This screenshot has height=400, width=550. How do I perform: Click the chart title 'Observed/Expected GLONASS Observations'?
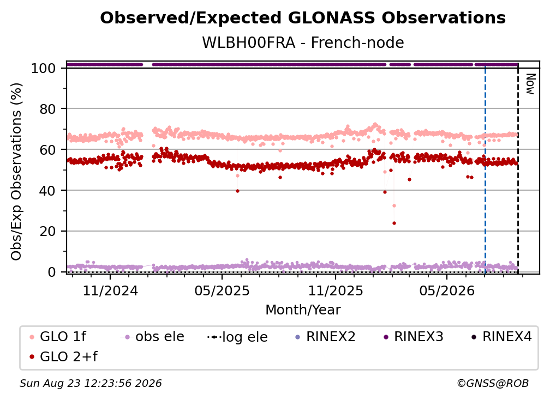(x=303, y=18)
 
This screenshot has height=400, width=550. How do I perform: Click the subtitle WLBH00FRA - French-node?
(x=303, y=43)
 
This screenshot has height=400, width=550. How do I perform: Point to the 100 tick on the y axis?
(x=44, y=68)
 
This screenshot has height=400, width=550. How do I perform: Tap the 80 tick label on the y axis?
(x=47, y=109)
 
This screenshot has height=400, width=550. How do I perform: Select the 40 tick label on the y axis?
(x=47, y=191)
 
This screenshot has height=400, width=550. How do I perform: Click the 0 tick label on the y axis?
(x=52, y=272)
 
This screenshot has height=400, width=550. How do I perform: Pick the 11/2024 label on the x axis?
(x=110, y=290)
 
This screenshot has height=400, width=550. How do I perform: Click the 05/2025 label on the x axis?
(x=222, y=290)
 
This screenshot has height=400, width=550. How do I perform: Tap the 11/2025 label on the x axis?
(x=336, y=290)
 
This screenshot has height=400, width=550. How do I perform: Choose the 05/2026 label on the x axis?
(x=447, y=290)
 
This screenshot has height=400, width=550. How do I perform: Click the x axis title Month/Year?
(x=303, y=310)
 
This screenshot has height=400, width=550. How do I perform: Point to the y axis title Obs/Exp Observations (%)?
(x=16, y=171)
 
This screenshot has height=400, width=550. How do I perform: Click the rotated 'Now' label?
(x=530, y=84)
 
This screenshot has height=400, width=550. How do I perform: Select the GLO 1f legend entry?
(x=58, y=337)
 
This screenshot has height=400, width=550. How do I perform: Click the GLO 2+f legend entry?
(x=63, y=356)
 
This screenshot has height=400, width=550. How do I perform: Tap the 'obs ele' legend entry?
(x=152, y=337)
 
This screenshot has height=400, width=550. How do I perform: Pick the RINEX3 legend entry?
(x=414, y=337)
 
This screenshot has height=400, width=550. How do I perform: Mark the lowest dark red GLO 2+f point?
(x=394, y=223)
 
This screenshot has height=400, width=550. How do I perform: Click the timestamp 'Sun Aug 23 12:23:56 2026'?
(x=91, y=383)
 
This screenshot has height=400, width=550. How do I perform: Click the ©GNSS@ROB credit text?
(x=493, y=383)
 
